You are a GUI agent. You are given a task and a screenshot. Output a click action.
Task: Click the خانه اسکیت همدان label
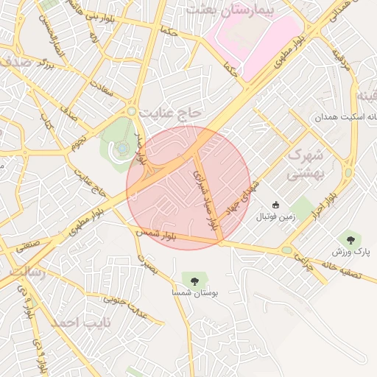tap(345, 118)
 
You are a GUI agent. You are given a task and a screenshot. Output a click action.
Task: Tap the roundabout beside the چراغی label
tap(286, 250)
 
